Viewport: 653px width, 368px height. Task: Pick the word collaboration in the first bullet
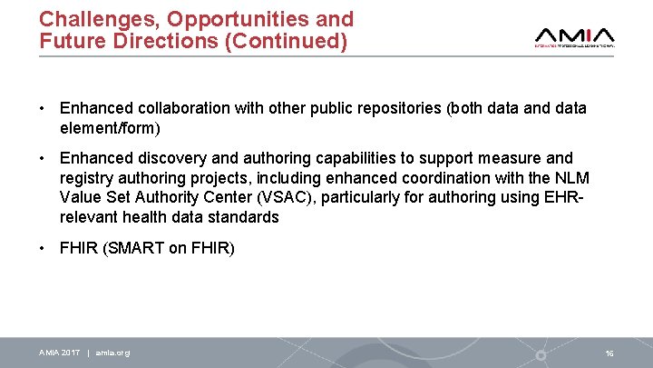click(x=173, y=108)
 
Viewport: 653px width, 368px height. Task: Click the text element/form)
click(x=113, y=129)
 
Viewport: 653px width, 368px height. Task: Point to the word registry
click(x=87, y=178)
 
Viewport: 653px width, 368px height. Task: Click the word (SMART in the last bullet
click(x=133, y=247)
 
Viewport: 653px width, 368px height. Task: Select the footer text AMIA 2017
click(x=60, y=353)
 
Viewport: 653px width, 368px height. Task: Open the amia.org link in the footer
click(x=112, y=353)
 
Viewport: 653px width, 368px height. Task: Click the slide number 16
click(x=609, y=353)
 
